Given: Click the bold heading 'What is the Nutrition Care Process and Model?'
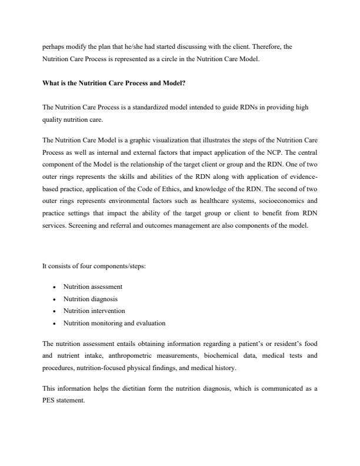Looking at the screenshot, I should coord(114,83).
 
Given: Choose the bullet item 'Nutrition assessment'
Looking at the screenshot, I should coord(93,287).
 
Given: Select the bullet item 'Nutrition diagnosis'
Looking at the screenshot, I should coord(91,299).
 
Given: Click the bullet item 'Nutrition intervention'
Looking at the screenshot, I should coord(94,311).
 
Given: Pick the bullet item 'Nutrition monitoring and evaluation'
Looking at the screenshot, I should coord(114,323).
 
